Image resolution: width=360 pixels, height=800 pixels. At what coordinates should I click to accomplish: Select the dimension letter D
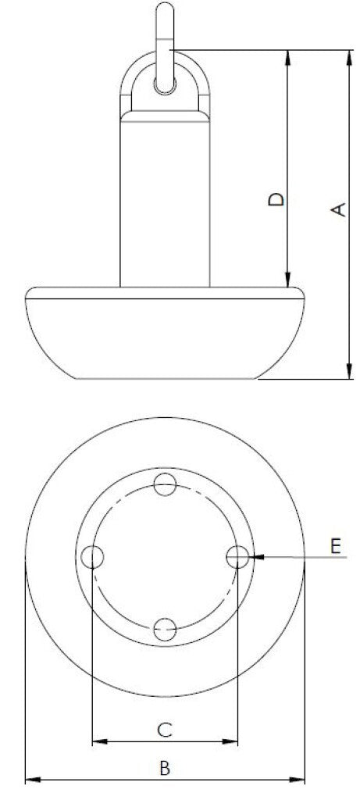276,199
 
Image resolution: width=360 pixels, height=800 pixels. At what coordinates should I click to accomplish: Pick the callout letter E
336,545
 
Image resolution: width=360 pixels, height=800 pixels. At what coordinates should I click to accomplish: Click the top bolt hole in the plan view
165,485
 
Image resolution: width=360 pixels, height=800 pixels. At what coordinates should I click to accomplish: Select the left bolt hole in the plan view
93,557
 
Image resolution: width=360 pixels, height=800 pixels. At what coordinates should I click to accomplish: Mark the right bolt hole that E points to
237,557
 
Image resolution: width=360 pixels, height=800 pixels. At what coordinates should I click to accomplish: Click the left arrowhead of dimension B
32,779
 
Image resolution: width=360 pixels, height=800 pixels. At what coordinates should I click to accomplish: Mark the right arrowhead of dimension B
298,779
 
